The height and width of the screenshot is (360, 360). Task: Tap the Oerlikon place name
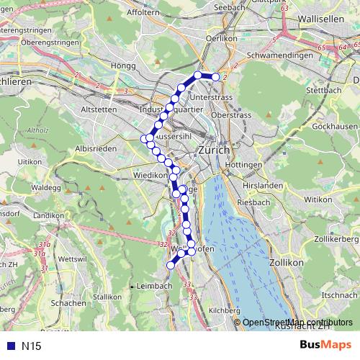(221, 39)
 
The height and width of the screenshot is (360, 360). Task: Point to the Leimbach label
(154, 286)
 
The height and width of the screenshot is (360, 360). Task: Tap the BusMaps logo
(326, 345)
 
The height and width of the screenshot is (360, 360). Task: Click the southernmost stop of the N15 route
(171, 265)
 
